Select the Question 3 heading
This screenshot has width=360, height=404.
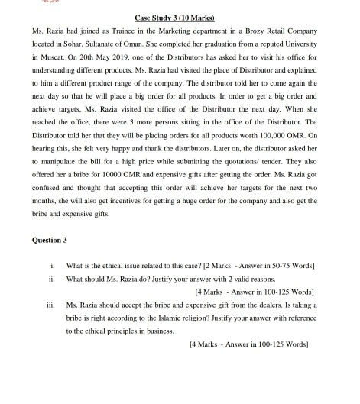50,241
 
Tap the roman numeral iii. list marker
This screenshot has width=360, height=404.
50,309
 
